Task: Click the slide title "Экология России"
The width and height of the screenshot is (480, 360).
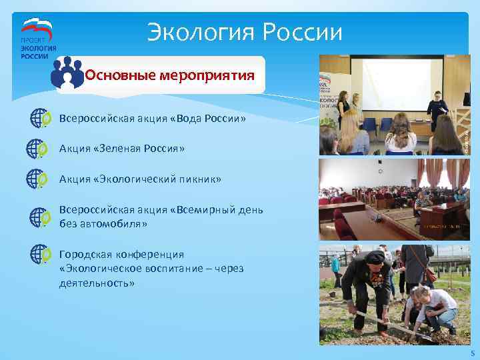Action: [245, 31]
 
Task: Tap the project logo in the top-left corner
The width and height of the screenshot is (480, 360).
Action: [37, 39]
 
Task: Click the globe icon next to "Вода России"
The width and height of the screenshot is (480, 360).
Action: [39, 119]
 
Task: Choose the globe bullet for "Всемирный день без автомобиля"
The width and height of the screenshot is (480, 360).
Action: [39, 217]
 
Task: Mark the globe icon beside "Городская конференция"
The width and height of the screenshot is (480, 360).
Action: [39, 254]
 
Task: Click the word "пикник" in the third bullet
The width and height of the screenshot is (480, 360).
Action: [201, 179]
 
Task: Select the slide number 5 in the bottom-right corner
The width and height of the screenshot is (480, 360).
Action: [472, 353]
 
